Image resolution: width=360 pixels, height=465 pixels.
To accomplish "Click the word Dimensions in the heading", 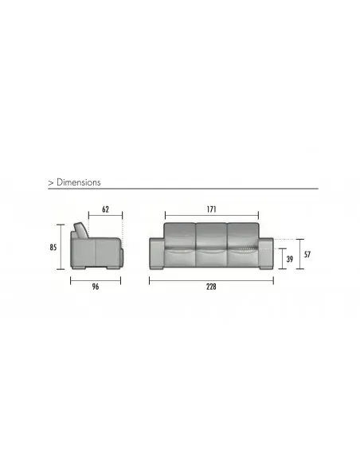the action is [x=79, y=182].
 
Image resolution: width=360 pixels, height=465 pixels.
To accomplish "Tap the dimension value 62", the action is [x=105, y=209].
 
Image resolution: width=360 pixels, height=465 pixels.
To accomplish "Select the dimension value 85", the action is [x=53, y=247].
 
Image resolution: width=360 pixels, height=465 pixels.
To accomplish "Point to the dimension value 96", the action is [x=96, y=287].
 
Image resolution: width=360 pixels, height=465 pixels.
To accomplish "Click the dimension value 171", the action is [x=211, y=209].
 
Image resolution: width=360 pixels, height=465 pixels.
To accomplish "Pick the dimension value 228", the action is [x=211, y=287].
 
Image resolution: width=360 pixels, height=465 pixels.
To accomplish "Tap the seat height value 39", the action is [x=290, y=259].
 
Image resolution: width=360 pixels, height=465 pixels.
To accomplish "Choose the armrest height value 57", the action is [x=307, y=255].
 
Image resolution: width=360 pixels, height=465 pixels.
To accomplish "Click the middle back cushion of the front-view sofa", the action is [x=211, y=236].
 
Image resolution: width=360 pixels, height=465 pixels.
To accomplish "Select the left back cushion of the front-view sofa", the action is [x=180, y=236].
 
